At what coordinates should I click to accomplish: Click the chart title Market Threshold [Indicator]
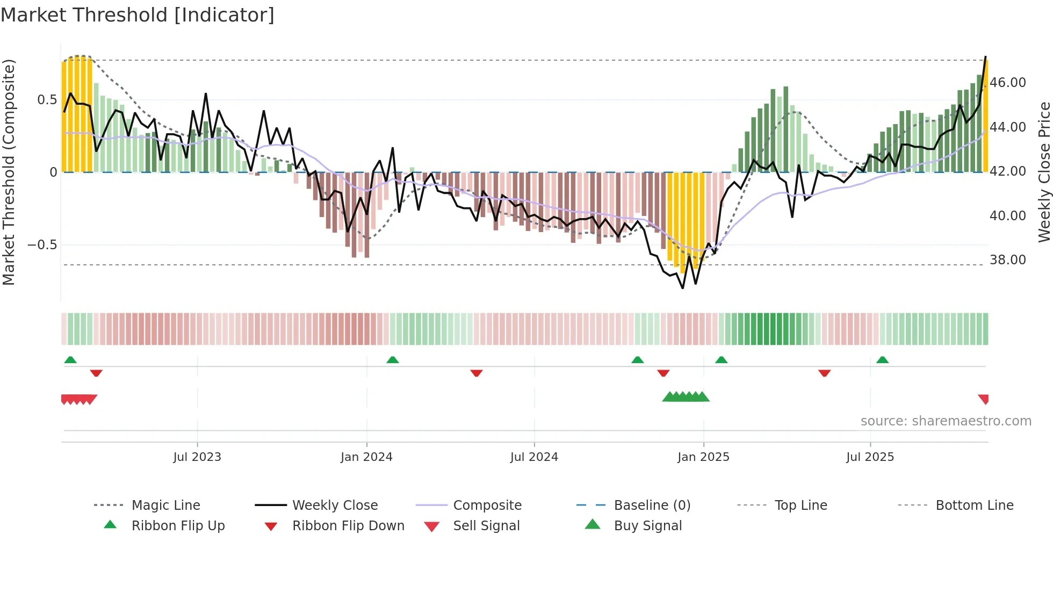138,15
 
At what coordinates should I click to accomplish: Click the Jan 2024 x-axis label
366,457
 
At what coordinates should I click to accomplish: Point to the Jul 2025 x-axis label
870,457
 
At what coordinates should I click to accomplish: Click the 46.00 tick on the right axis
1008,83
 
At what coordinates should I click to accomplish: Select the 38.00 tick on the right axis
1008,260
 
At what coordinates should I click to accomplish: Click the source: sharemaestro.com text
946,421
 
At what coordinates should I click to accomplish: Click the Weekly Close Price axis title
1044,172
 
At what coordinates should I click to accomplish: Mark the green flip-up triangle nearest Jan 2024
393,360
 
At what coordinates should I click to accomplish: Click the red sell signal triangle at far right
984,399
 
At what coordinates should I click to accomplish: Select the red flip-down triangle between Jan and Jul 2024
477,373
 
